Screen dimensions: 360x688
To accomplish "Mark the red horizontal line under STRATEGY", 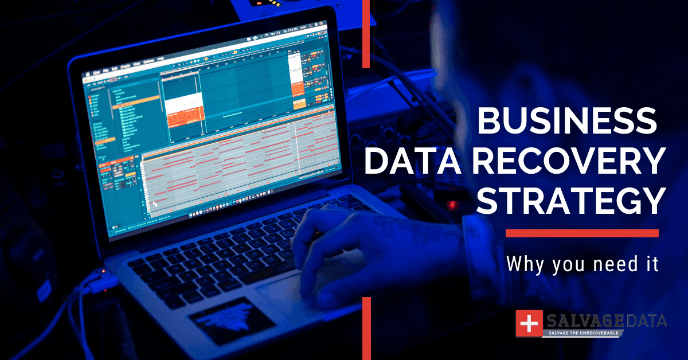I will [582, 233].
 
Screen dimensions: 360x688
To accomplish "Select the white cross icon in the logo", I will [529, 324].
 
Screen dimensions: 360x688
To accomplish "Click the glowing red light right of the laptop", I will [452, 204].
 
